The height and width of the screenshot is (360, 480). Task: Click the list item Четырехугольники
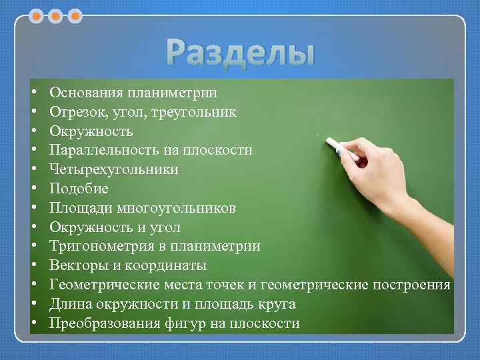tap(113, 169)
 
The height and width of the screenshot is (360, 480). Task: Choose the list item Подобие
tap(79, 189)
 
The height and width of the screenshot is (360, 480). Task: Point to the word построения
tap(411, 285)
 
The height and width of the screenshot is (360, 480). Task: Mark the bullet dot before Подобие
tap(33, 189)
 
